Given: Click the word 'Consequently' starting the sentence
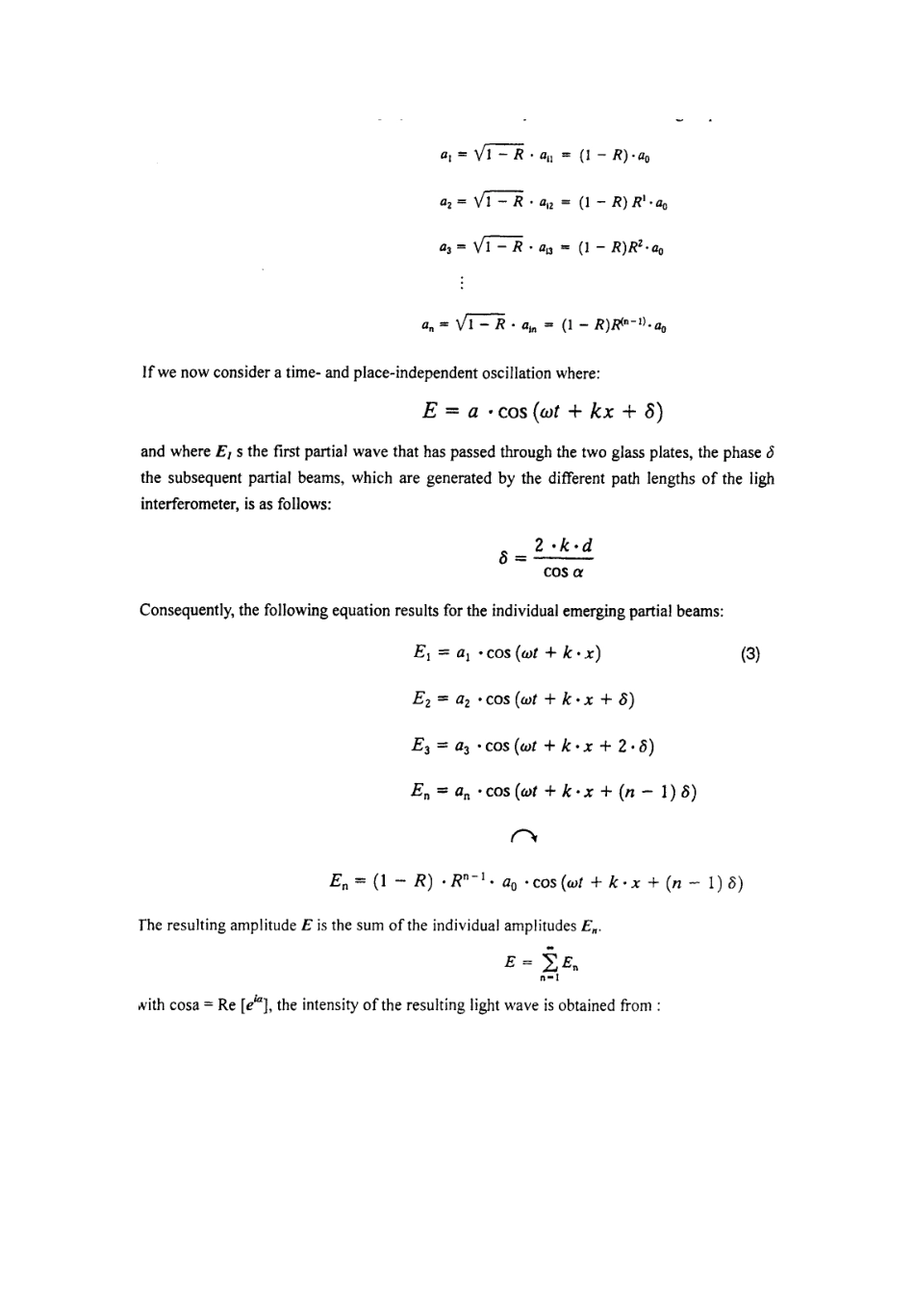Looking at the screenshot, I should pyautogui.click(x=186, y=611).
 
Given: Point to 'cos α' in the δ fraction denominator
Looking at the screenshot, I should pyautogui.click(x=564, y=571).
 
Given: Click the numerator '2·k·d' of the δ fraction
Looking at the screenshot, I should pyautogui.click(x=564, y=545).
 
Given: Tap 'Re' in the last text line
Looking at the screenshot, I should pyautogui.click(x=228, y=1005).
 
